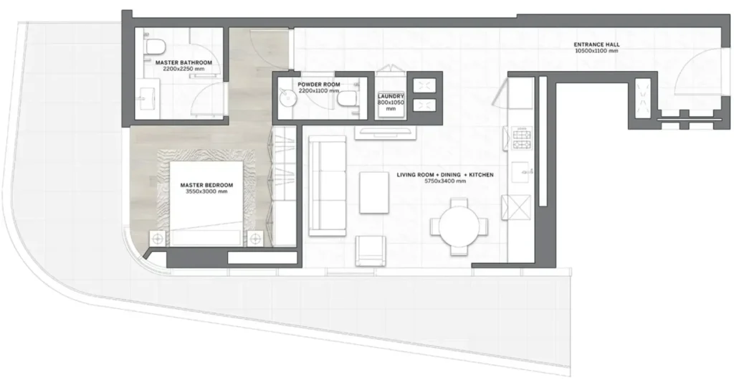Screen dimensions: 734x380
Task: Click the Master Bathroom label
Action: point(183,62)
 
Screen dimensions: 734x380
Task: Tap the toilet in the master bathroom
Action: point(153,47)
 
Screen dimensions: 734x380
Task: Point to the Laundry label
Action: point(391,96)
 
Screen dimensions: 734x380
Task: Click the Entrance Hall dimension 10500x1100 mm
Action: point(596,51)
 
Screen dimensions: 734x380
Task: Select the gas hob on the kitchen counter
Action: point(523,139)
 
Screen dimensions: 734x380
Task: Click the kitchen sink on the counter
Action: point(520,172)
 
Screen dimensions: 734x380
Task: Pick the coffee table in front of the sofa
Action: point(374,192)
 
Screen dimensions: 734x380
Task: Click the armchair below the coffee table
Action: point(371,250)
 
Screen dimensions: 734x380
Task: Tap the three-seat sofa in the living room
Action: point(327,186)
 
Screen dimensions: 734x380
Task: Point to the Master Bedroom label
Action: point(206,185)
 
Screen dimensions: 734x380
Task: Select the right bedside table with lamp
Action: point(255,239)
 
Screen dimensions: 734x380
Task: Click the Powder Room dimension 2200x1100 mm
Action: point(319,91)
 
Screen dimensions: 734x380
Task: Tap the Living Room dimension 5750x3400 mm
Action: point(444,181)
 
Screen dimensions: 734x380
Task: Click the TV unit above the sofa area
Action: point(385,133)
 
